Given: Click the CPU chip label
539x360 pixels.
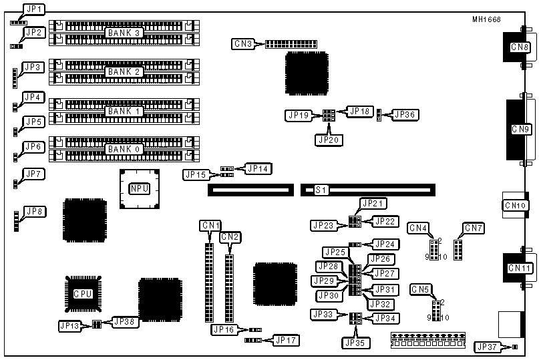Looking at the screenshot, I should [x=83, y=293].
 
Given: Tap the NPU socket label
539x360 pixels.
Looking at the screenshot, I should [x=139, y=189].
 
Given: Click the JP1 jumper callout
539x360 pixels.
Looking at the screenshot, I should [x=33, y=9].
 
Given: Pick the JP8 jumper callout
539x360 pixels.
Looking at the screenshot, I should [x=33, y=212].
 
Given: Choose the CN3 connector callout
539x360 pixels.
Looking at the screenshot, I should [x=242, y=44].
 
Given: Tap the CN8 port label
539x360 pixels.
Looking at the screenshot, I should [x=520, y=47].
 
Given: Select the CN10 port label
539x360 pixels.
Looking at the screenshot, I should [x=518, y=206].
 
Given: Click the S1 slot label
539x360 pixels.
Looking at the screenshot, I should [x=320, y=190].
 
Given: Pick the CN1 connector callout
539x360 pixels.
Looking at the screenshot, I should [x=210, y=226].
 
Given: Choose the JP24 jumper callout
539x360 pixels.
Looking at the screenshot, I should [x=384, y=244].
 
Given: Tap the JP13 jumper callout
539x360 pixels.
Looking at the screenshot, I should [x=69, y=326].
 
